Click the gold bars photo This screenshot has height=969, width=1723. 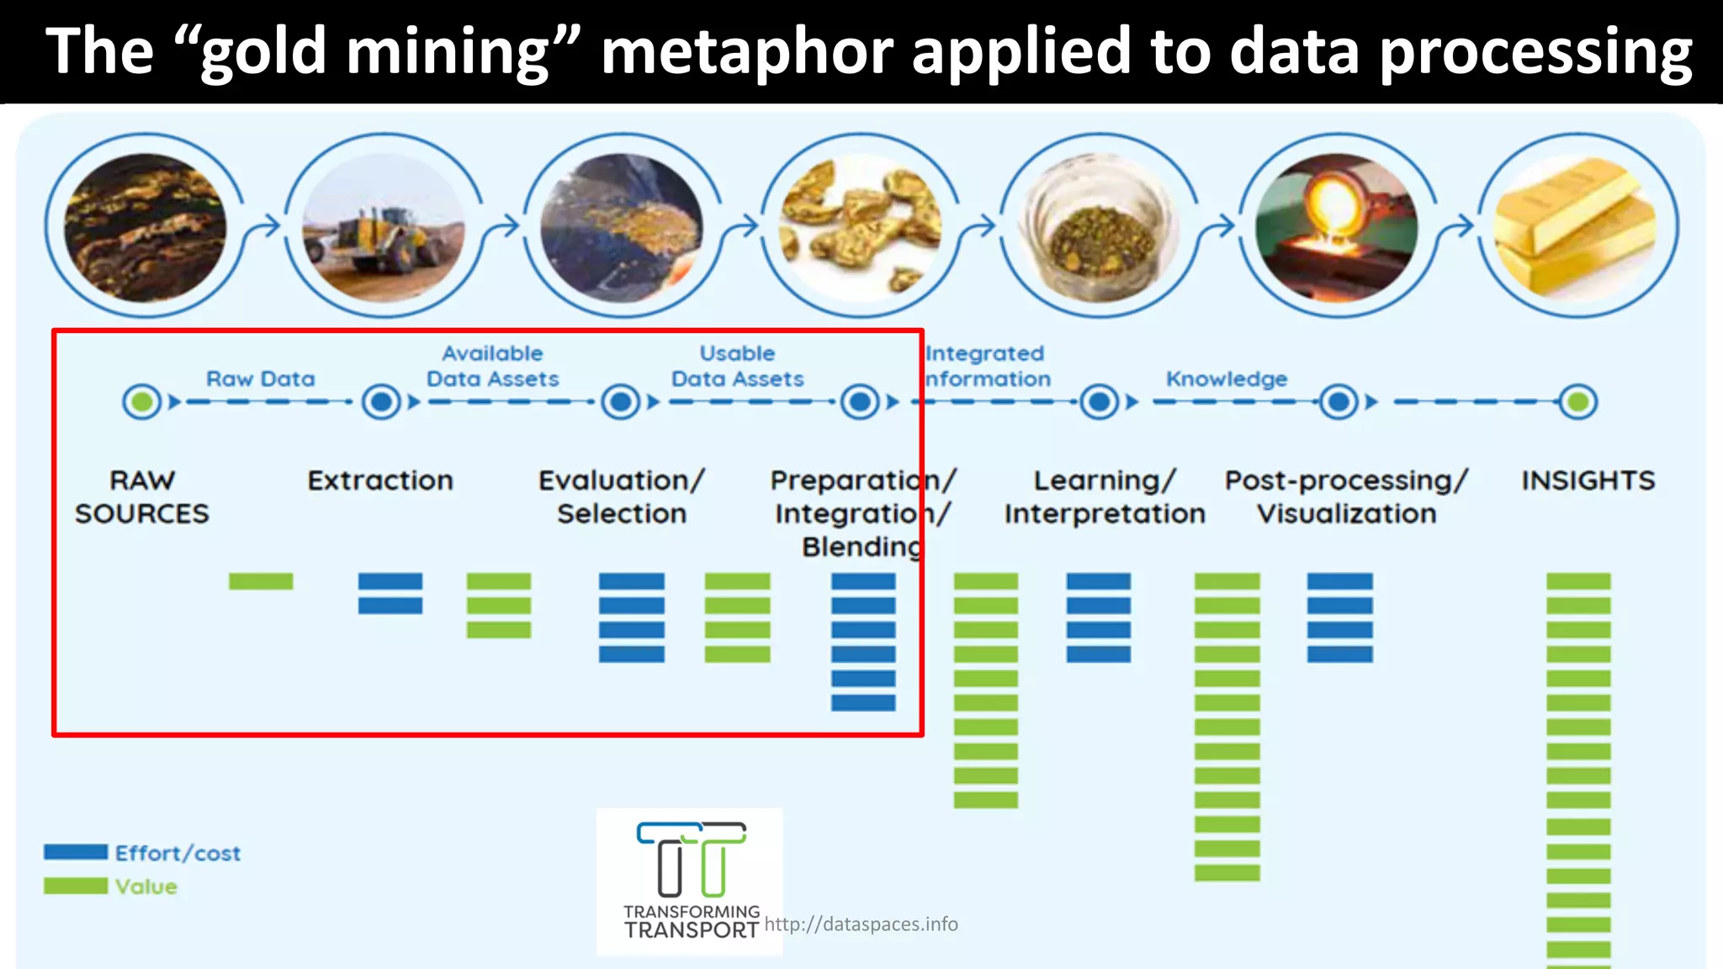coord(1576,225)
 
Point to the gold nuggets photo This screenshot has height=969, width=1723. coord(860,225)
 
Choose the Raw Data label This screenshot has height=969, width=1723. coord(261,379)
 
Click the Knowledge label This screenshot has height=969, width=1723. coord(1226,379)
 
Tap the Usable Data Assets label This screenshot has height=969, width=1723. coord(737,367)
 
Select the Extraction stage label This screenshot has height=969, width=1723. coord(380,480)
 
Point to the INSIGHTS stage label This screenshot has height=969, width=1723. coord(1588,480)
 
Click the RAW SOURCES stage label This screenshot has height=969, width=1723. coord(142,496)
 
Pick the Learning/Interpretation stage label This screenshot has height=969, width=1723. coord(1105,496)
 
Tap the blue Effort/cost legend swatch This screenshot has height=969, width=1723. coord(76,852)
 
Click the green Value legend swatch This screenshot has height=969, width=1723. coord(76,886)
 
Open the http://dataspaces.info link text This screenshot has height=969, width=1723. coord(861,924)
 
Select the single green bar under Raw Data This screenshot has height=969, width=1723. coord(261,581)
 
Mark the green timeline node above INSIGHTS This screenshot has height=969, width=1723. coord(1577,402)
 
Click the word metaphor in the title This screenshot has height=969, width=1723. coord(747,52)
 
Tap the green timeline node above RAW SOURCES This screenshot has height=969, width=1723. coord(142,402)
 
